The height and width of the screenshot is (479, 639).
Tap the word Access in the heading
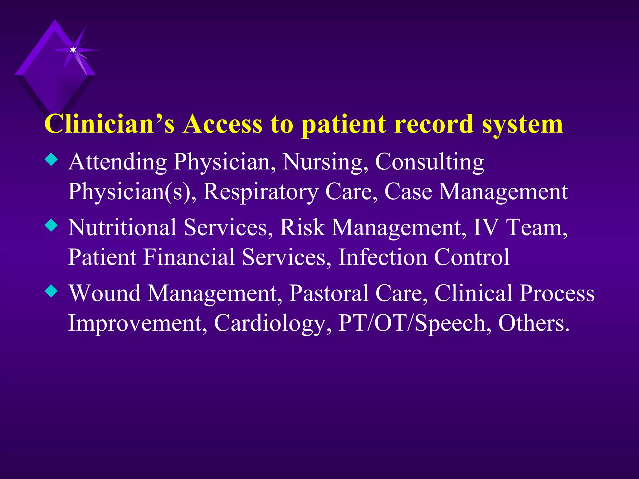coord(222,124)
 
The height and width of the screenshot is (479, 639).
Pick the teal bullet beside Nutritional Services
coord(51,225)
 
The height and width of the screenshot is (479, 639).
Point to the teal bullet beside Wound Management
coord(51,291)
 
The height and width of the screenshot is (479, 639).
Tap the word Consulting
coord(429,162)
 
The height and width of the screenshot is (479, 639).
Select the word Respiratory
coord(261,192)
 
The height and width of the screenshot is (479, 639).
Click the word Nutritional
coord(122,227)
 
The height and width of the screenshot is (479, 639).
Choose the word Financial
coord(189,257)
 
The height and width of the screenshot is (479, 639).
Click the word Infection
coord(382,257)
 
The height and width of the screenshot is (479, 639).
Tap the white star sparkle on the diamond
coord(73,50)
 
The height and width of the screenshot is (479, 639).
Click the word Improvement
coord(138,323)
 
